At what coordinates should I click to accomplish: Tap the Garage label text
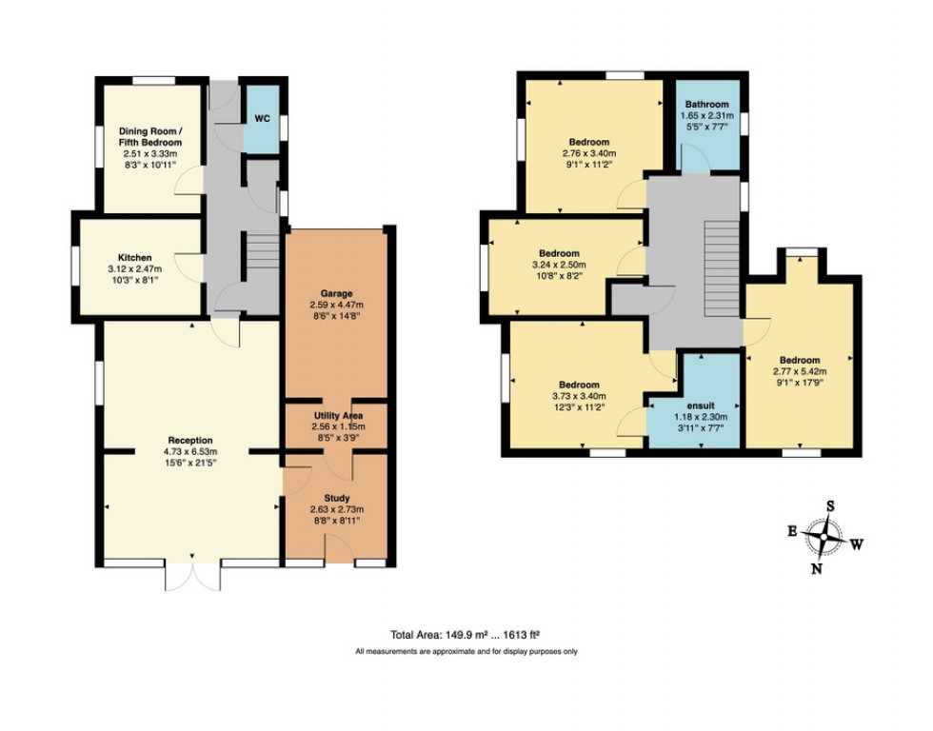[337, 293]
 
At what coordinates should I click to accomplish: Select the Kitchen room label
[135, 257]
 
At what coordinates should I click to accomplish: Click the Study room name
[337, 498]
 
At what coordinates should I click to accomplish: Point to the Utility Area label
[337, 416]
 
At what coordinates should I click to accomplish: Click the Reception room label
[190, 440]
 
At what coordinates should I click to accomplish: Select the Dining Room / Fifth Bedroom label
[150, 136]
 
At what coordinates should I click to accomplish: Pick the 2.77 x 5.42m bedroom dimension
[800, 372]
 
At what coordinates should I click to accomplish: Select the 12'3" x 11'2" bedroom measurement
[579, 408]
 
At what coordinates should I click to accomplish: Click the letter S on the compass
[830, 505]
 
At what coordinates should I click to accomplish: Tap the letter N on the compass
[816, 569]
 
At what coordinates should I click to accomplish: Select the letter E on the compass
[791, 530]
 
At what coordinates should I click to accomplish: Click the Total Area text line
[466, 634]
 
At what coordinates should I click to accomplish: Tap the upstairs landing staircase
[720, 259]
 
